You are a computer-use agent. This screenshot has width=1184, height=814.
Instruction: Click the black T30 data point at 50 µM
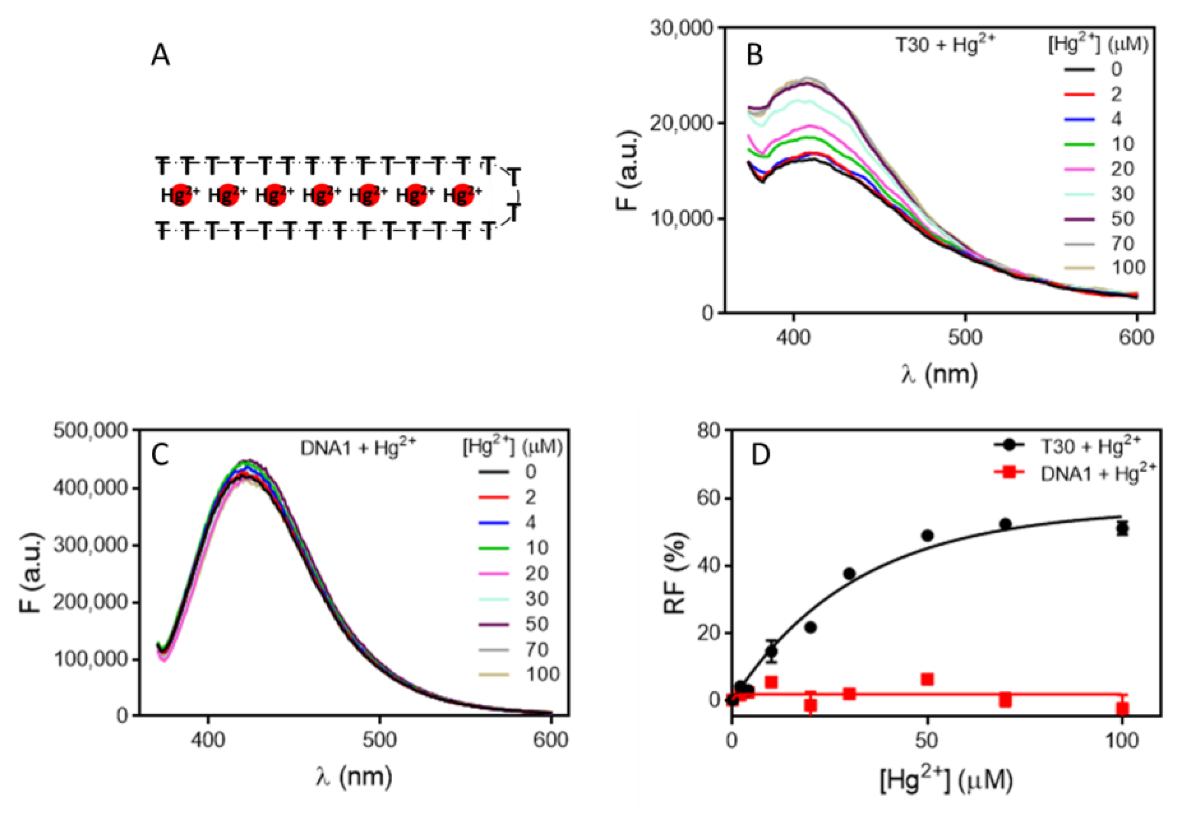pyautogui.click(x=927, y=535)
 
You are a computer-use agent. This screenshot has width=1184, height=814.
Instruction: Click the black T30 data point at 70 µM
pyautogui.click(x=1006, y=524)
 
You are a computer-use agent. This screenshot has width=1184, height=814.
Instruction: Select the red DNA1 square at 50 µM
pyautogui.click(x=927, y=679)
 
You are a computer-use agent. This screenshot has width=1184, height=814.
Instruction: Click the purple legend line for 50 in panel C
pyautogui.click(x=494, y=624)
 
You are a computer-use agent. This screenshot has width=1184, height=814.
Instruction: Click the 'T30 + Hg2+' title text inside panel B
pyautogui.click(x=945, y=45)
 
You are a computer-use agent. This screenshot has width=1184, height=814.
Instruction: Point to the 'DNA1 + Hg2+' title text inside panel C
pyautogui.click(x=357, y=447)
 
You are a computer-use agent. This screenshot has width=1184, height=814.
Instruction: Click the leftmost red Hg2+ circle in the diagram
pyautogui.click(x=180, y=194)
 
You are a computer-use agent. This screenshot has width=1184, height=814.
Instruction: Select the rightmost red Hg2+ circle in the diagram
pyautogui.click(x=462, y=194)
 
